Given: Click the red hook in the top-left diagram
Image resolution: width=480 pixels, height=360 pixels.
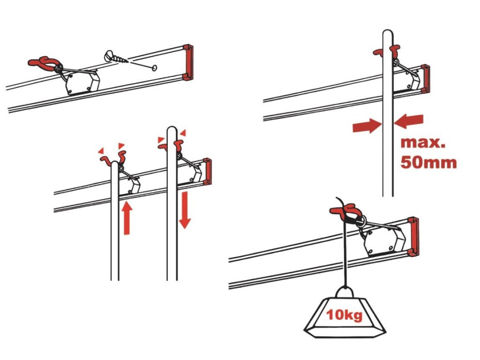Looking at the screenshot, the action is tap(45, 62).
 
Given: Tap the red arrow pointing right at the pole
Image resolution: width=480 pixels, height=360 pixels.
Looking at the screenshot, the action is tap(367, 125).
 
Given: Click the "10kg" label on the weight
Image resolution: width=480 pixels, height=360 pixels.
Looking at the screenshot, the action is tap(345, 315).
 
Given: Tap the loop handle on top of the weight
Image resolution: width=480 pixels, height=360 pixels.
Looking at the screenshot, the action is tap(346, 292).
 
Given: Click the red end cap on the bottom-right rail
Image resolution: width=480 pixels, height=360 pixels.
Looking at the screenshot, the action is tap(412, 236).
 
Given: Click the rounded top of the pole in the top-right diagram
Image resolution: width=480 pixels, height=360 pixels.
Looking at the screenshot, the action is tap(388, 34).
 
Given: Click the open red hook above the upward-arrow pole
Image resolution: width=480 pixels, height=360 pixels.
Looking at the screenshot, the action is tap(114, 159).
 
